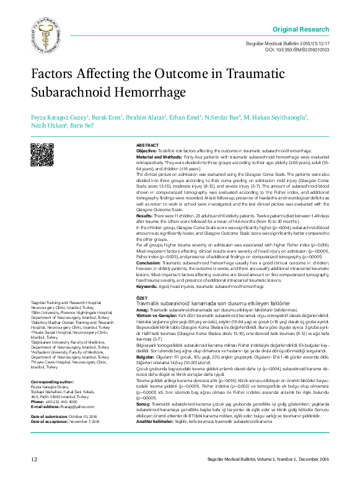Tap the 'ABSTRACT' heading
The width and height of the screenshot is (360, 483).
click(x=147, y=144)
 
